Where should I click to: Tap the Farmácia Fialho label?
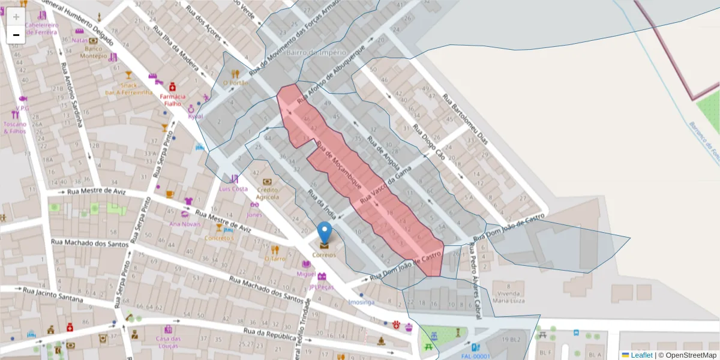click(172, 100)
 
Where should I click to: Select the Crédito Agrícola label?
click(268, 193)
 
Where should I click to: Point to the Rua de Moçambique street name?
click(338, 164)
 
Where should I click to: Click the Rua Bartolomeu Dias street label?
click(467, 119)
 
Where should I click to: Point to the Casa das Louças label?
click(169, 341)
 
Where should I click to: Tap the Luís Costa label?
click(233, 188)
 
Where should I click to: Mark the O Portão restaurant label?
click(235, 83)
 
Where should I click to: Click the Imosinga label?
click(361, 302)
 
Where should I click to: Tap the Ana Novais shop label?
click(185, 224)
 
